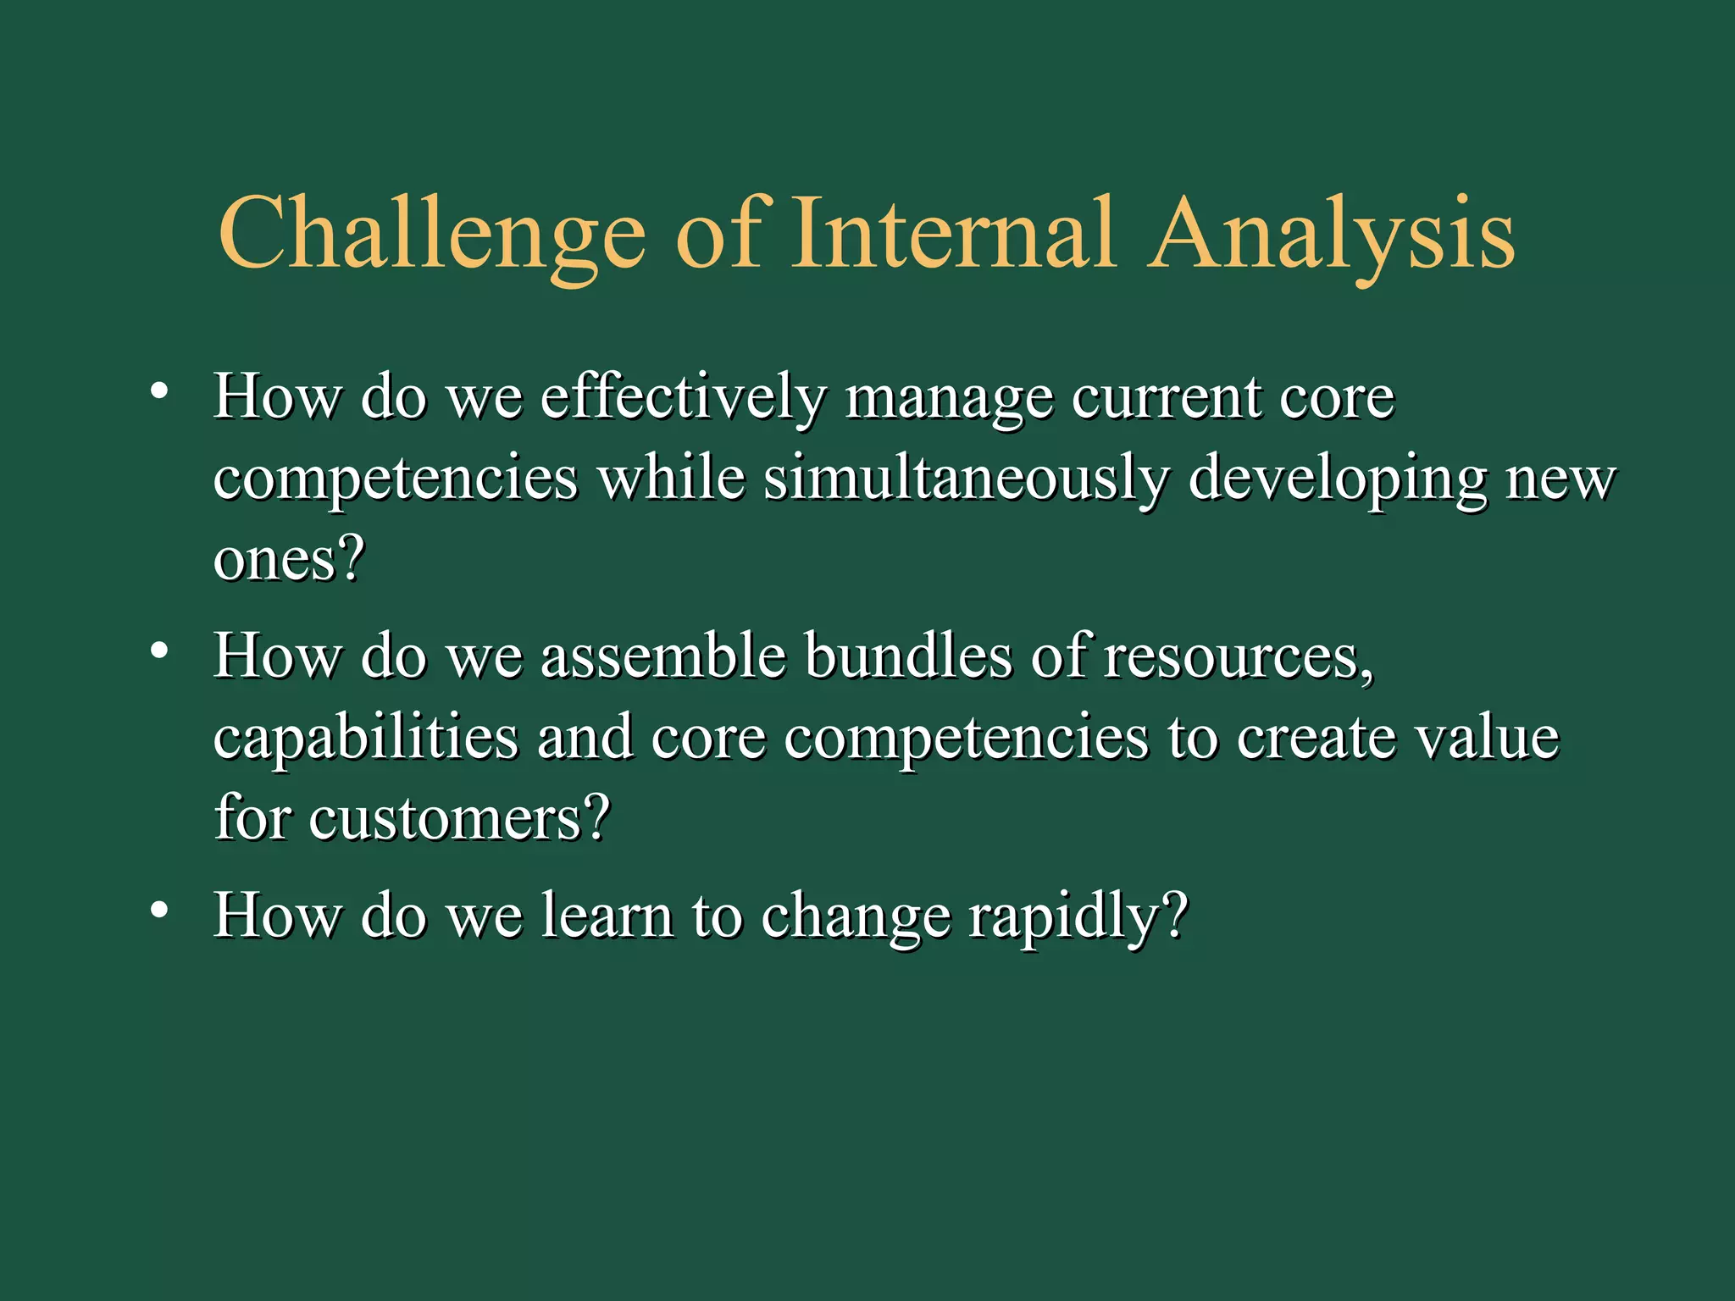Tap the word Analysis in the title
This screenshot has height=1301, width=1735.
(x=1330, y=233)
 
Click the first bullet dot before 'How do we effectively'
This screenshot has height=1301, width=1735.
(x=158, y=392)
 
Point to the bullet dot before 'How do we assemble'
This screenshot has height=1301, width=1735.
(x=158, y=651)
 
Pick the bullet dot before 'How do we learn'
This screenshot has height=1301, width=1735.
(x=158, y=911)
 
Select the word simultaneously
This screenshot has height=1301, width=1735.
(x=966, y=478)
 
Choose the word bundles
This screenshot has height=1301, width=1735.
(x=907, y=656)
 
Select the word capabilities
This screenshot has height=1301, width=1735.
(x=365, y=737)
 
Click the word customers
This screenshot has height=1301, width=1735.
(x=457, y=818)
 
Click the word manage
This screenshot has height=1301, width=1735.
(x=949, y=398)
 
